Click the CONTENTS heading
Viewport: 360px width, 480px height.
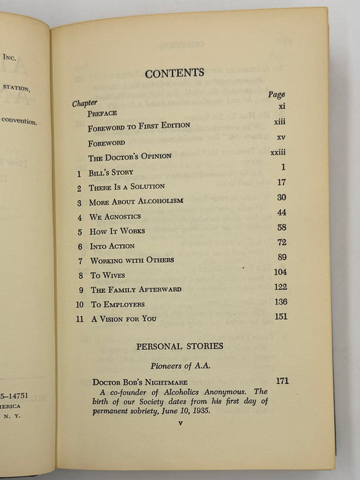pos(174,72)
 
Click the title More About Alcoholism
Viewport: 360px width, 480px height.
pos(134,203)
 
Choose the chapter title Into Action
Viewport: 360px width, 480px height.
pos(112,246)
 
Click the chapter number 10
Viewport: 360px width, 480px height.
pos(80,304)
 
